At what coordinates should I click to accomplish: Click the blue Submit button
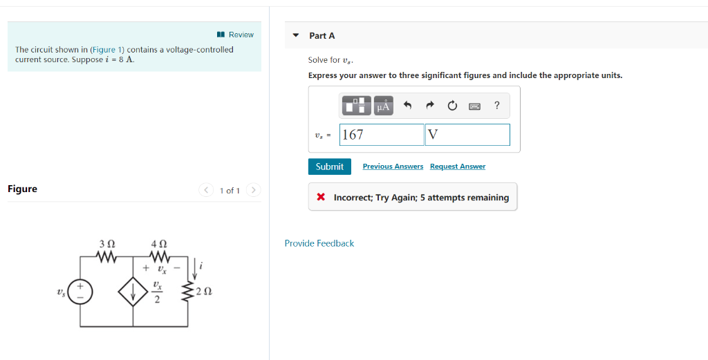click(x=329, y=167)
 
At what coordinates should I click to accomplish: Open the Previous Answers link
click(x=393, y=167)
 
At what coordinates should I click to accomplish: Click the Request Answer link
click(x=457, y=167)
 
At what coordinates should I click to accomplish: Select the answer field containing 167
click(x=382, y=135)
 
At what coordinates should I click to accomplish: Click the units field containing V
click(x=467, y=135)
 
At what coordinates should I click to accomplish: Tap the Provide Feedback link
click(x=319, y=243)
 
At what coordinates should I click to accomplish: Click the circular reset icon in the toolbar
click(x=452, y=106)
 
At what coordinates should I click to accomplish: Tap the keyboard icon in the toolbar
click(x=474, y=106)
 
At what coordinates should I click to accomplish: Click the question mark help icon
click(x=496, y=106)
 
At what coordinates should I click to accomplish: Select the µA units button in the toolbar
click(x=383, y=106)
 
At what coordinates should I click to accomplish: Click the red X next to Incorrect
click(x=321, y=197)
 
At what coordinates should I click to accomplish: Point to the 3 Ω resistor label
click(x=107, y=244)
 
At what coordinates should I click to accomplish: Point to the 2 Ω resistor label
click(x=204, y=293)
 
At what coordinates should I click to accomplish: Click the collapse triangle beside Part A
click(x=296, y=35)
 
